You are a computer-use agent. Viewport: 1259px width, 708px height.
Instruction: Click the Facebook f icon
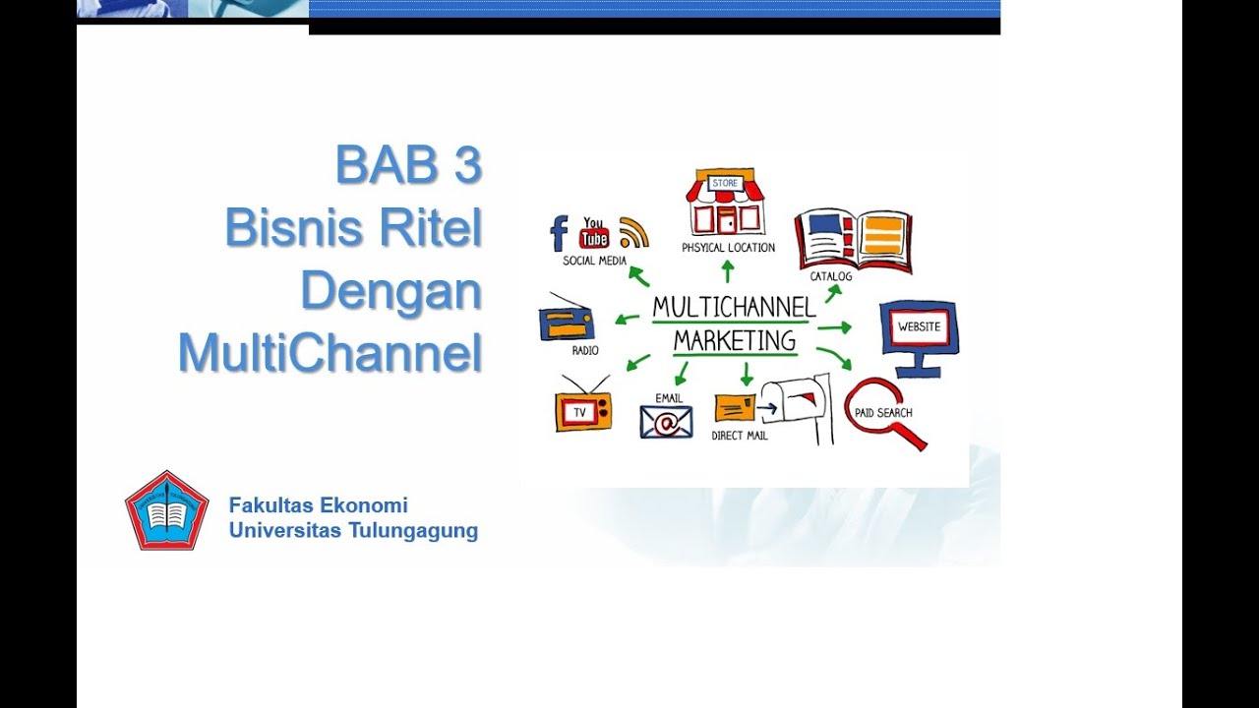pos(559,234)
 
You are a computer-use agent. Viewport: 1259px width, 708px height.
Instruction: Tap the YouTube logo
pos(594,233)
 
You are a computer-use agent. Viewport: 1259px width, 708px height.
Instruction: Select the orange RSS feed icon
pos(633,233)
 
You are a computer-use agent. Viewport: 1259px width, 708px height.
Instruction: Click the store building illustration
pos(725,203)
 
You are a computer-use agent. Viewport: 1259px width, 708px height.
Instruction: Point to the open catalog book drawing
pos(853,239)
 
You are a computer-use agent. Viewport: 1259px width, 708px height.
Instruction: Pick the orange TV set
pos(582,408)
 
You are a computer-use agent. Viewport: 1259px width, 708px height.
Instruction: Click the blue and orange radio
pos(567,321)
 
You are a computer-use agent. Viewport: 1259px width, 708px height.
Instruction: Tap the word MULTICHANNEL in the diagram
pos(734,308)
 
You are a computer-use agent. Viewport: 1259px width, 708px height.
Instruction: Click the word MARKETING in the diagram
pos(734,341)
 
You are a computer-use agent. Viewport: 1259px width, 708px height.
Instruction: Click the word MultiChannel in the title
pos(330,353)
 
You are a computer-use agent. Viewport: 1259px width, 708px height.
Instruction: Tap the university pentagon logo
pos(166,510)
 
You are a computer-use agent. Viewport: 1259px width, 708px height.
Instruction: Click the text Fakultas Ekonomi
pos(318,505)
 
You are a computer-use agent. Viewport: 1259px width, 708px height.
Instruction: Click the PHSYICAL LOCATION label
pos(728,248)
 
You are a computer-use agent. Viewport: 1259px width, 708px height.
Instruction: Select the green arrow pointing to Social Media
pos(638,276)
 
